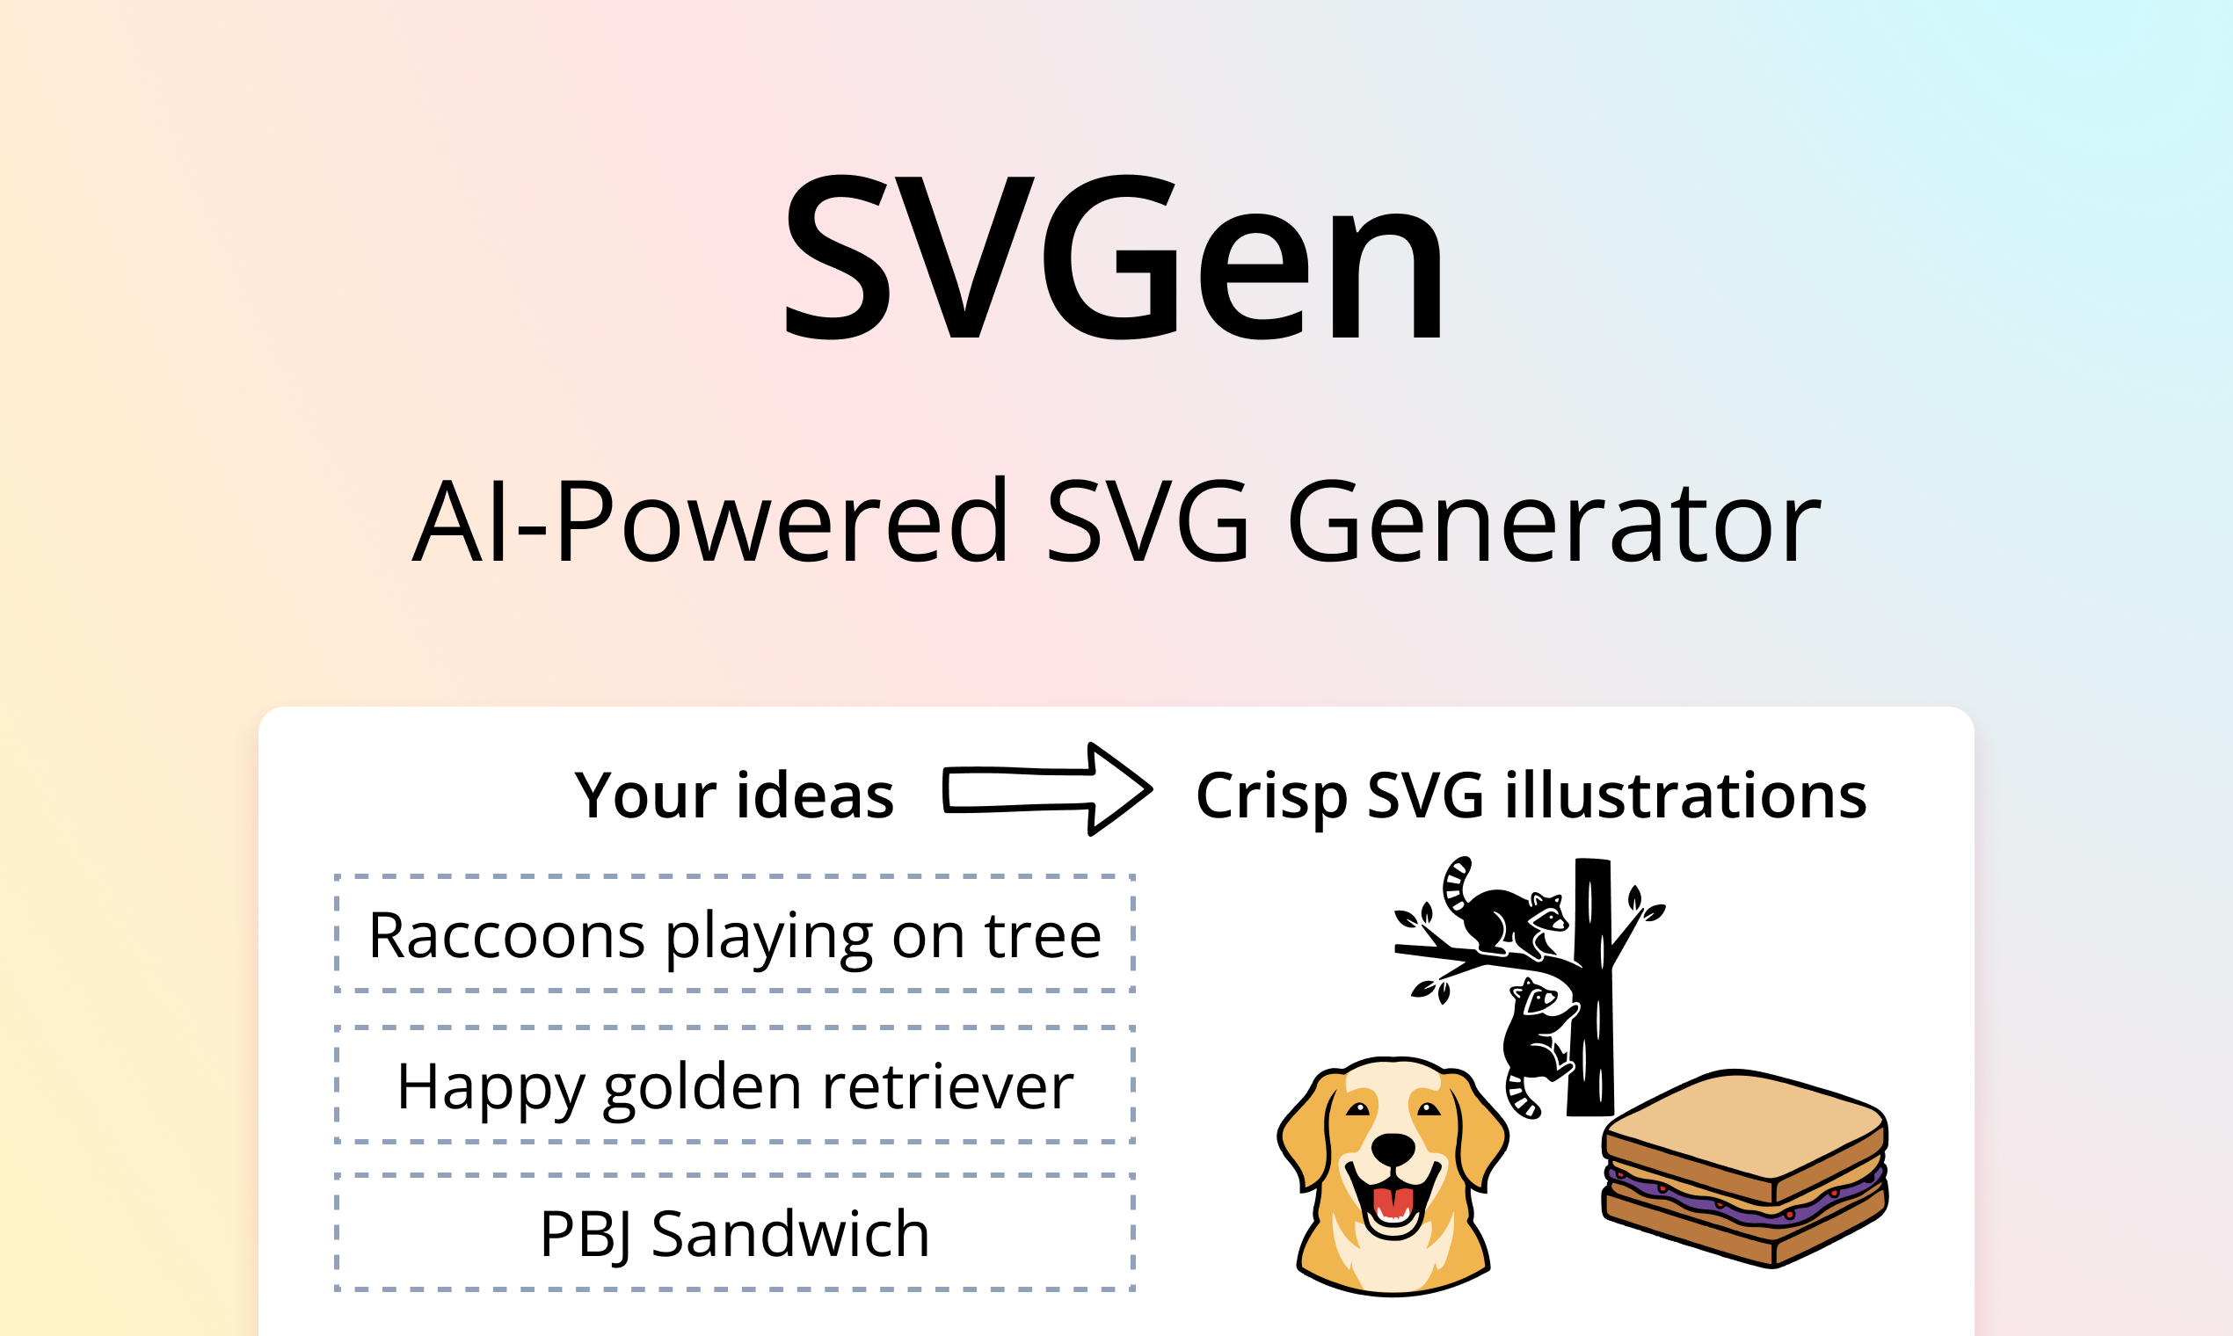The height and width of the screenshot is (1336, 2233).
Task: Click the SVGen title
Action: [x=1115, y=259]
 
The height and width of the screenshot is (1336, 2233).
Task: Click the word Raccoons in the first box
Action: [x=506, y=936]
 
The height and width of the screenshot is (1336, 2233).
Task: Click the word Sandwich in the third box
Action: [x=789, y=1233]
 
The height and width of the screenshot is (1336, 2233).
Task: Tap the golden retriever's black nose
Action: [x=1393, y=1149]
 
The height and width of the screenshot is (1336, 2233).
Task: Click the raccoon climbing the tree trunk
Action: [x=1538, y=1035]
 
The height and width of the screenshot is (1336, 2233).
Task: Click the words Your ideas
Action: [x=734, y=796]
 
